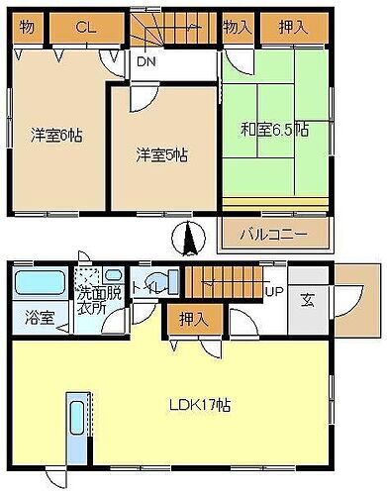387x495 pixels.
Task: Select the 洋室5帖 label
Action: [162, 154]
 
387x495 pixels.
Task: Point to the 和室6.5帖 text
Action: [273, 129]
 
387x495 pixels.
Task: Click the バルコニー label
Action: [273, 236]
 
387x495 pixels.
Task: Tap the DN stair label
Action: [145, 62]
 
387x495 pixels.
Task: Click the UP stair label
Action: [275, 292]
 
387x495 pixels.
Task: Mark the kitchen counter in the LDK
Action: [77, 426]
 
